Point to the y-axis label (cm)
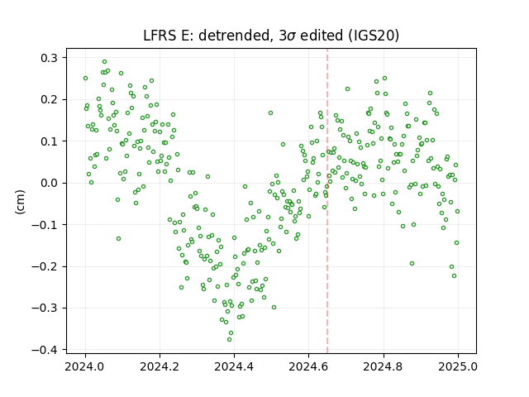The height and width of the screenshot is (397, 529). click(20, 202)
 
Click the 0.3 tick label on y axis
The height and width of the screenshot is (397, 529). click(50, 58)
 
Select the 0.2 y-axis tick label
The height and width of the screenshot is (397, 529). click(50, 99)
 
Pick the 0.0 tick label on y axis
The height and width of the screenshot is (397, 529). click(50, 183)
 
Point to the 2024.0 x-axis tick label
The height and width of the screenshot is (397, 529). click(85, 366)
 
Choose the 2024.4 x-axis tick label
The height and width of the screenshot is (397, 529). click(234, 366)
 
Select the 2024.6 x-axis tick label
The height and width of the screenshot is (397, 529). click(308, 366)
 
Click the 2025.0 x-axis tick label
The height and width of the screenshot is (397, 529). click(458, 366)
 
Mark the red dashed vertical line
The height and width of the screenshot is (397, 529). click(327, 201)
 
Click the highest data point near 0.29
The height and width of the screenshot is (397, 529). click(105, 62)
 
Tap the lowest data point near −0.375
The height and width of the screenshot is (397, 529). click(230, 339)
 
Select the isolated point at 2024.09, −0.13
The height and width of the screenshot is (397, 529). click(118, 239)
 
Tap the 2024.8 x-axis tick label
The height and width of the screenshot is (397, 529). click(384, 366)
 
